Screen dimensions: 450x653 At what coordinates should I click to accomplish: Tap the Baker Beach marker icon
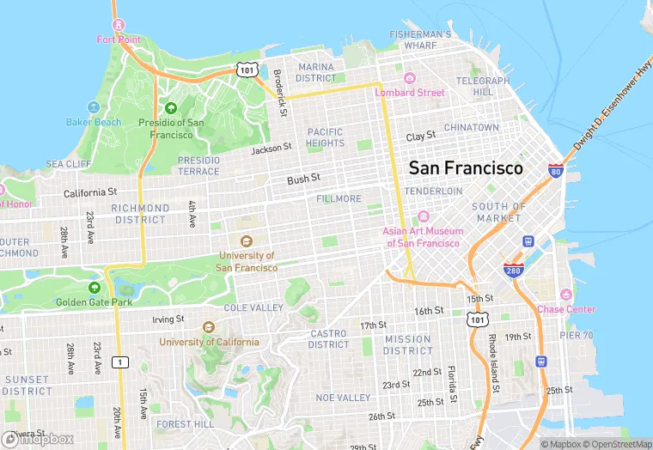click(95, 109)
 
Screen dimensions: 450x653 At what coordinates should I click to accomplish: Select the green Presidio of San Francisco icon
click(170, 108)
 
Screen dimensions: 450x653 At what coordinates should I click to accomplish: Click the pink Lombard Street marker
click(409, 79)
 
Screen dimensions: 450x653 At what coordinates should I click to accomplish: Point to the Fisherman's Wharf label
click(420, 40)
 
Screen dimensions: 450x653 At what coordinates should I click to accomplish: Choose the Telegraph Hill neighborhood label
click(483, 86)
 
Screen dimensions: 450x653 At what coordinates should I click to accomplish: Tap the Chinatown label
click(471, 127)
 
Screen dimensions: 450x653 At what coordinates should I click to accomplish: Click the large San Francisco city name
click(465, 167)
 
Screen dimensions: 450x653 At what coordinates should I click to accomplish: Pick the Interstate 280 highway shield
click(513, 269)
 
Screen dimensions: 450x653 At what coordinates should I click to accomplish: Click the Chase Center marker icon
click(565, 295)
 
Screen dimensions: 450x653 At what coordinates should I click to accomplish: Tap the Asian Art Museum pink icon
click(422, 217)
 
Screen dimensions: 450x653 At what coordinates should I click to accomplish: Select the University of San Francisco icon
click(247, 241)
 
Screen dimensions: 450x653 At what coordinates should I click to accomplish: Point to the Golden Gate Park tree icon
click(95, 288)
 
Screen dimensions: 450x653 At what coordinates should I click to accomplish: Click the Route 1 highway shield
click(120, 362)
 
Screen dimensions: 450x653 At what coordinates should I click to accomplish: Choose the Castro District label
click(328, 338)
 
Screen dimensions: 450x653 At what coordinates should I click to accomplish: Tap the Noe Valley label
click(343, 398)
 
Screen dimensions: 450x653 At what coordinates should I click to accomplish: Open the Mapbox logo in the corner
click(39, 439)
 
